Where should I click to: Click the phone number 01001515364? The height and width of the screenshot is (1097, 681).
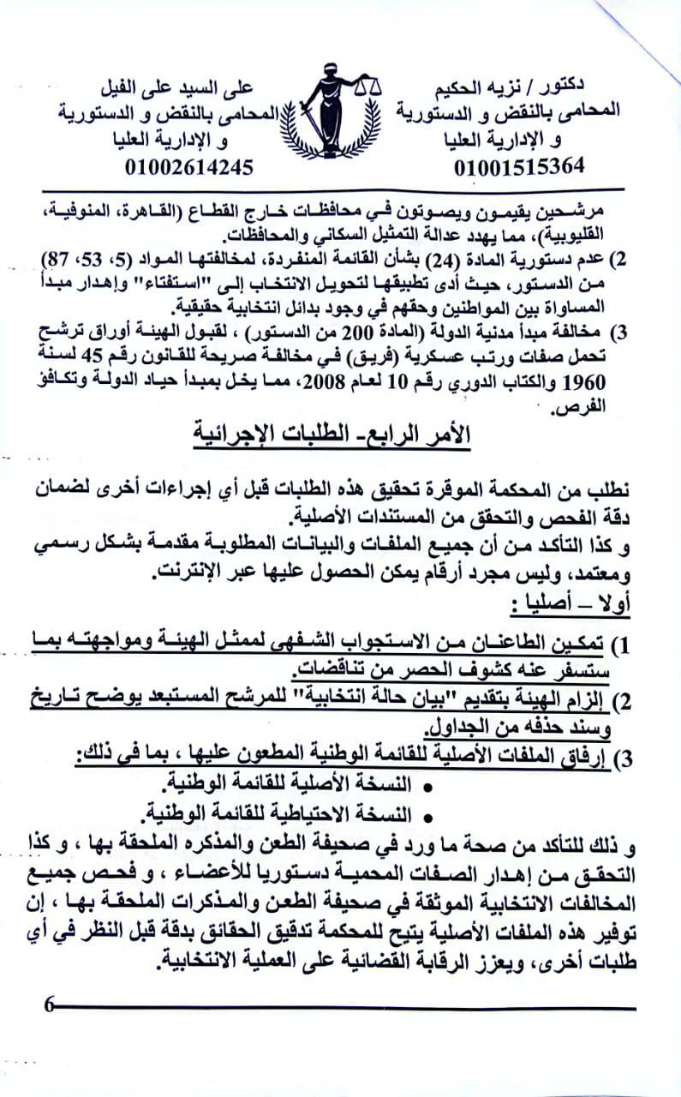point(520,165)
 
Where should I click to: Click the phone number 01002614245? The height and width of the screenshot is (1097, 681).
point(189,165)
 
